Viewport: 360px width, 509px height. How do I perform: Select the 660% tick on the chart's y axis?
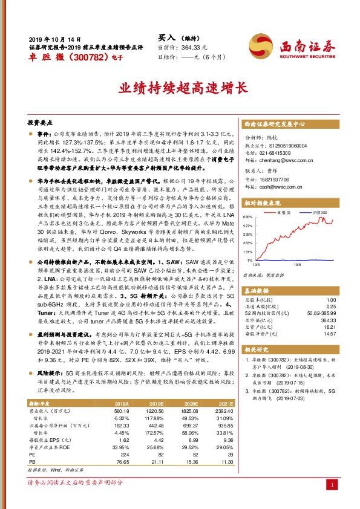coord(247,216)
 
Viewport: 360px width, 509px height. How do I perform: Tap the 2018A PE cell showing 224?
coord(125,454)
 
